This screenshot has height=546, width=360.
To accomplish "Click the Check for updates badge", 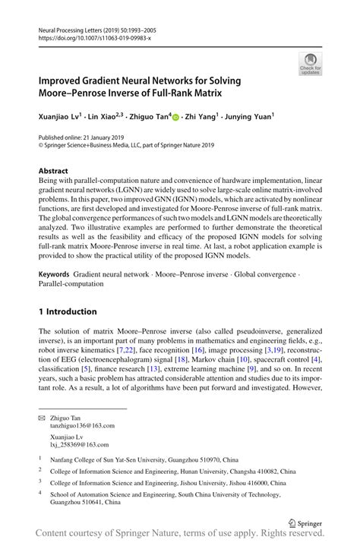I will pos(309,64).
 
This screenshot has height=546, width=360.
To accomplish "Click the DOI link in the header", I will pos(89,36).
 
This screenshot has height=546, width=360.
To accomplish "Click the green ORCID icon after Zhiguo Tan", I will pos(175,118).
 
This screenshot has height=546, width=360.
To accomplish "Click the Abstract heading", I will pos(53,172).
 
